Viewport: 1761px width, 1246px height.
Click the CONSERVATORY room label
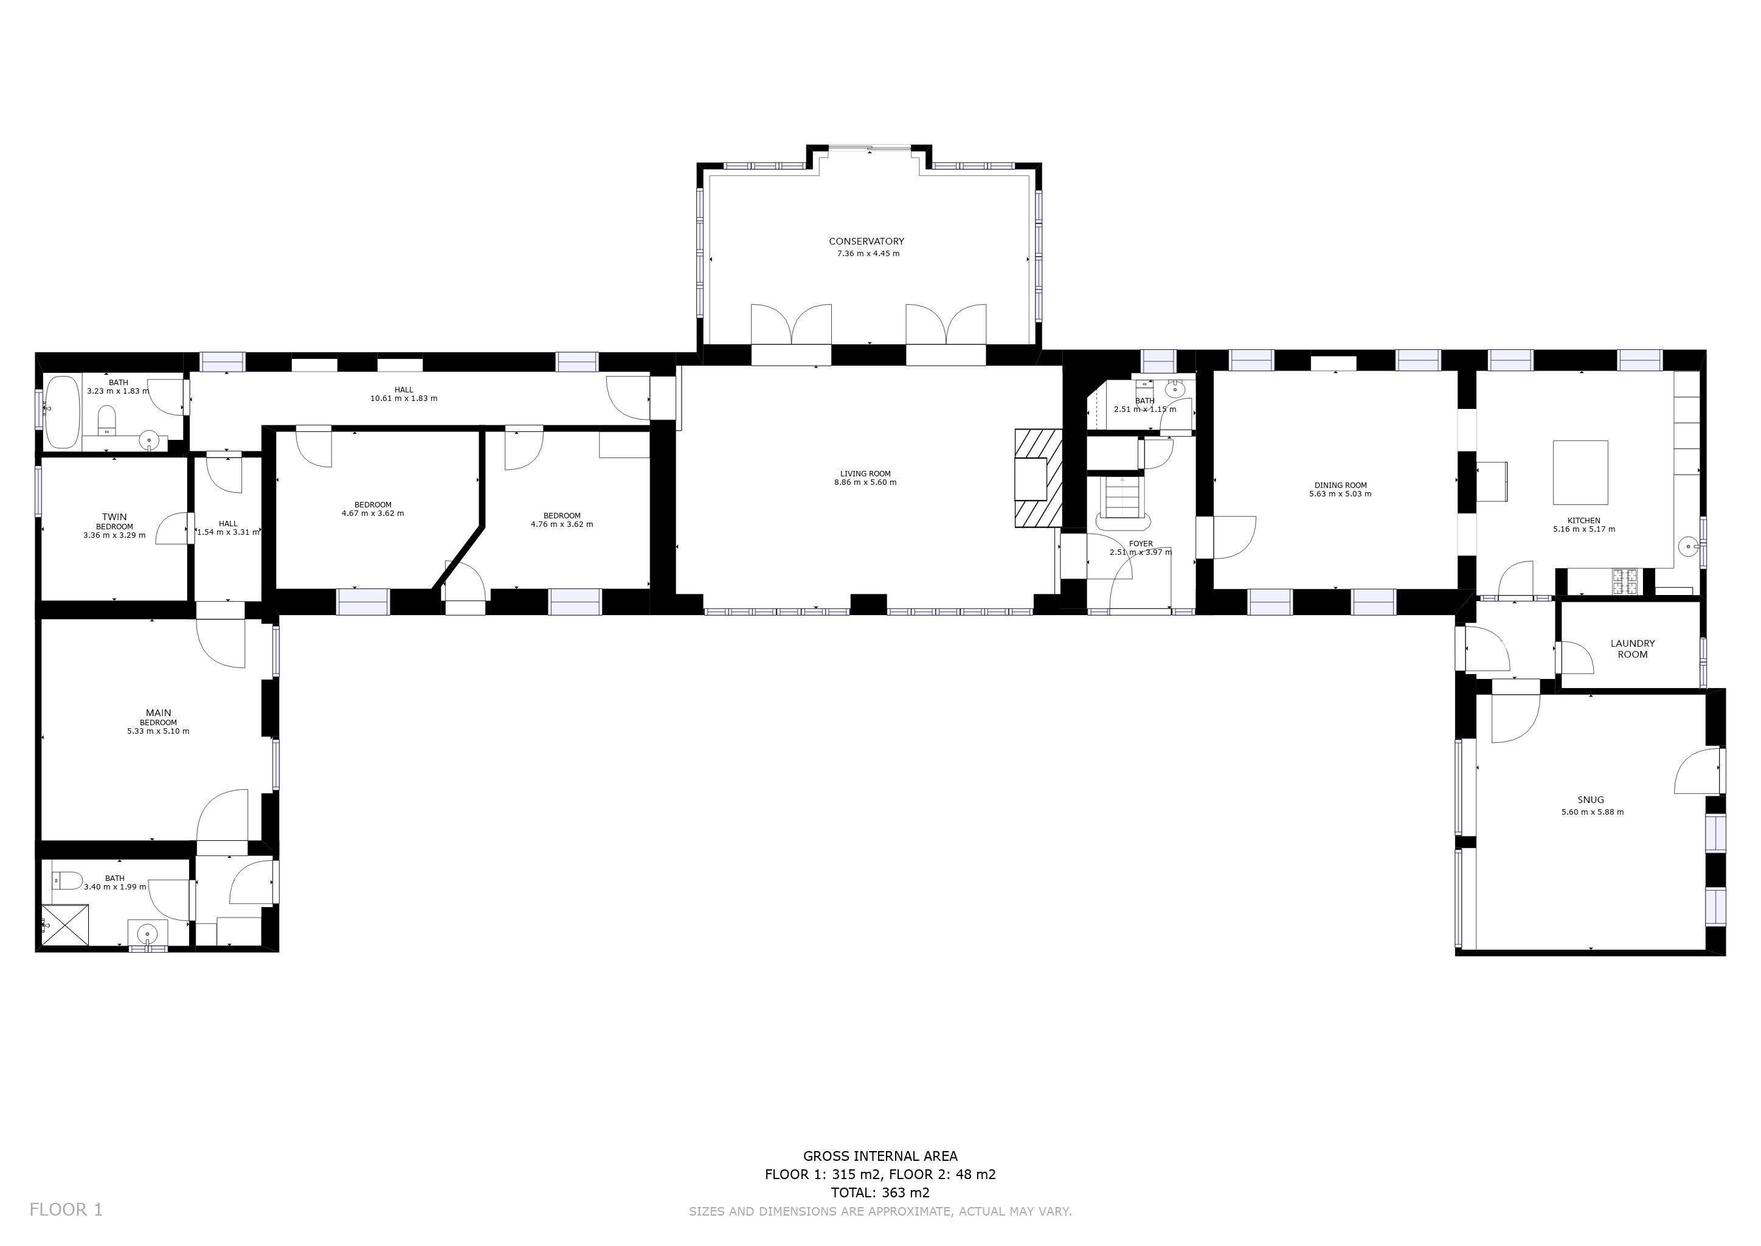pyautogui.click(x=867, y=242)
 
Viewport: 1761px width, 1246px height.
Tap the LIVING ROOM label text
pyautogui.click(x=865, y=474)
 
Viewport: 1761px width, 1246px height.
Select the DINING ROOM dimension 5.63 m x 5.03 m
pyautogui.click(x=1340, y=494)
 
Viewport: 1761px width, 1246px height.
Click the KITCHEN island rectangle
pyautogui.click(x=1580, y=472)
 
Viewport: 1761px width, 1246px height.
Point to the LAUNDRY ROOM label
pyautogui.click(x=1632, y=649)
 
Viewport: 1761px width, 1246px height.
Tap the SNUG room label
pyautogui.click(x=1591, y=799)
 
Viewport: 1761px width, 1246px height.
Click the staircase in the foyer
pyautogui.click(x=1124, y=503)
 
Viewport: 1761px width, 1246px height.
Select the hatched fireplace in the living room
pyautogui.click(x=1039, y=478)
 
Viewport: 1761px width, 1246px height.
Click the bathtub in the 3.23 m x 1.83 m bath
pyautogui.click(x=62, y=412)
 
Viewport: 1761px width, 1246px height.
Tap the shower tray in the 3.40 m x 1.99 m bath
pyautogui.click(x=65, y=925)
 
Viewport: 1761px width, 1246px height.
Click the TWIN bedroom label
pyautogui.click(x=114, y=517)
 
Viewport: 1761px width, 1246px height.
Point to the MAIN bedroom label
pyautogui.click(x=159, y=713)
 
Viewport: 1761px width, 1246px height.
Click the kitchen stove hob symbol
pyautogui.click(x=1624, y=581)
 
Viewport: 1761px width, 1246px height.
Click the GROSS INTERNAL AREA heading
pyautogui.click(x=880, y=1155)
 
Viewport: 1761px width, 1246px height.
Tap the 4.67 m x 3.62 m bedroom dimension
pyautogui.click(x=373, y=513)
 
